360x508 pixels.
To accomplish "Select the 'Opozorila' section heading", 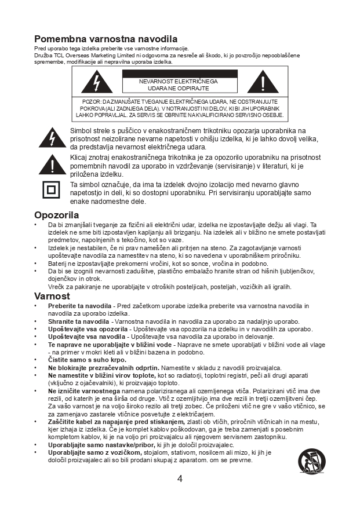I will pyautogui.click(x=56, y=215).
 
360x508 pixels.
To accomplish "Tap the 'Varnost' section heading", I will pyautogui.click(x=52, y=296).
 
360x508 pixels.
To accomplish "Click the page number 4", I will pyautogui.click(x=180, y=478).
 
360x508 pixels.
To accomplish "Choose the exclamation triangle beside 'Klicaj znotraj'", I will pyautogui.click(x=52, y=165).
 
